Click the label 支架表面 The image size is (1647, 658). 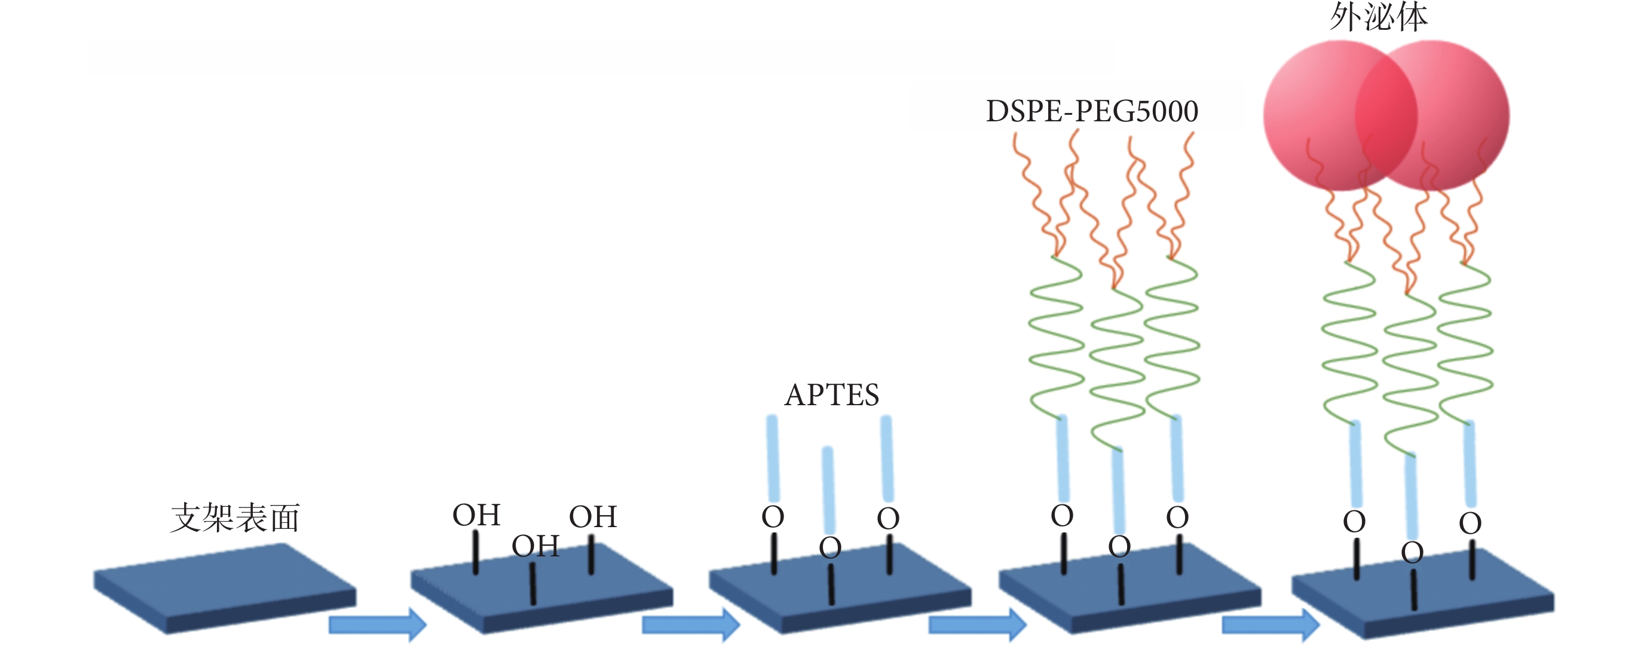[235, 518]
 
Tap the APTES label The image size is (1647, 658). [832, 395]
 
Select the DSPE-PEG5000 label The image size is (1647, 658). [1092, 111]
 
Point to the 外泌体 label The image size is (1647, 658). [1379, 17]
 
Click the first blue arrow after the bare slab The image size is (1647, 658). [377, 624]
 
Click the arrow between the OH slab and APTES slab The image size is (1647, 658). [690, 624]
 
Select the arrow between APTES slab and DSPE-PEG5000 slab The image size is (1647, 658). [977, 624]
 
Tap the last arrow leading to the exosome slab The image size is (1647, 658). [1271, 624]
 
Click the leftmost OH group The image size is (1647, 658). [476, 515]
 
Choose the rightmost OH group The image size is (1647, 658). [593, 517]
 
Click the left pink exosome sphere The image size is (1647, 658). [1340, 116]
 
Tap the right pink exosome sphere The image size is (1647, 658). [1432, 116]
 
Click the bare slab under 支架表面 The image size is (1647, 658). [225, 588]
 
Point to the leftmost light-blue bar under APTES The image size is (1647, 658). [773, 458]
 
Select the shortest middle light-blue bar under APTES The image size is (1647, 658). [829, 491]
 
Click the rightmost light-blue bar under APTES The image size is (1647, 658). [887, 458]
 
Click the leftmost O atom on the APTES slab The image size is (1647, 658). [773, 518]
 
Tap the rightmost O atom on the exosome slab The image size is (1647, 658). [1470, 524]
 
